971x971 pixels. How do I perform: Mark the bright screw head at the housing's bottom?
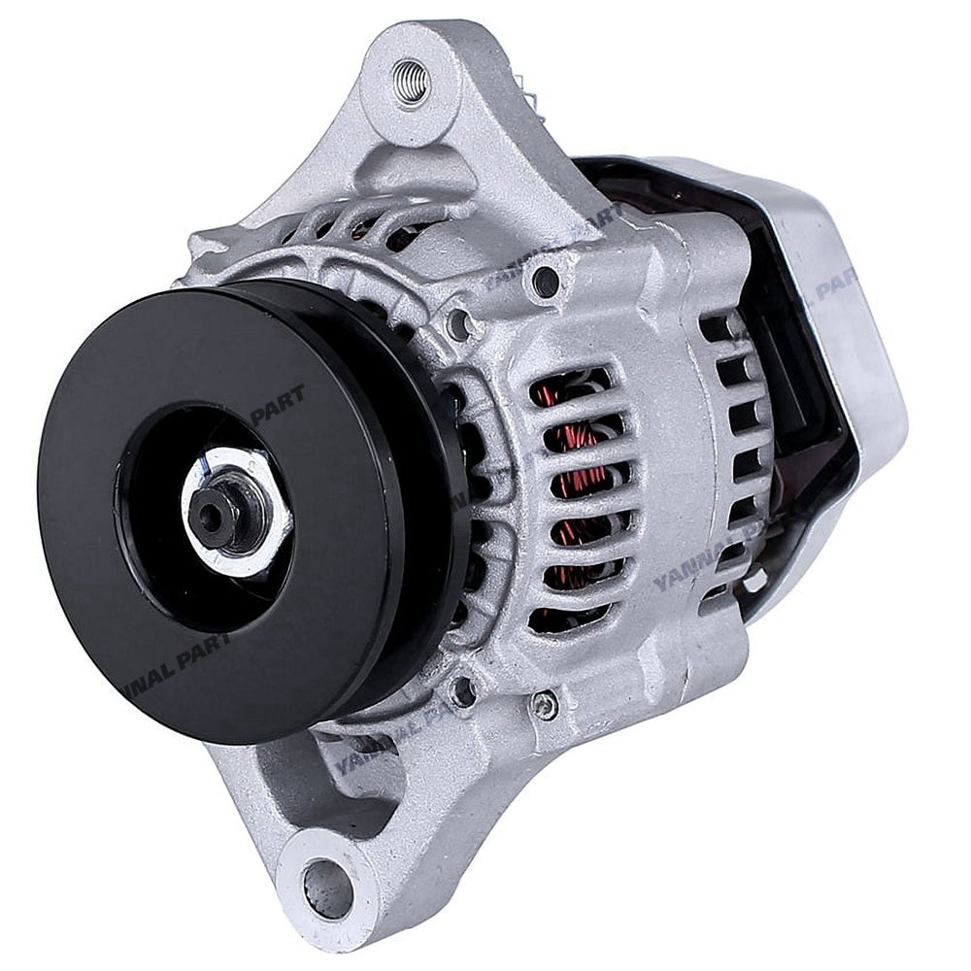(547, 706)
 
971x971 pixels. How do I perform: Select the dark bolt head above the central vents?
(547, 282)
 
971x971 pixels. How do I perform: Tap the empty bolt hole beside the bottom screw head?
(465, 691)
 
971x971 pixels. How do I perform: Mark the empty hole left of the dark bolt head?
(456, 322)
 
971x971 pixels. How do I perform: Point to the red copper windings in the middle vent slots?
(583, 485)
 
